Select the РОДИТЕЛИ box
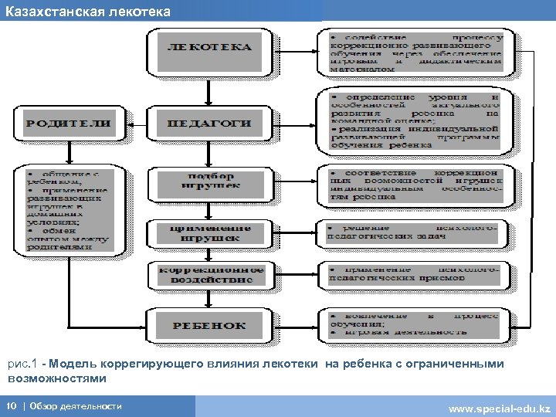pyautogui.click(x=68, y=123)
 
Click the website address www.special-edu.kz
pyautogui.click(x=499, y=407)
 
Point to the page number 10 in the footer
pyautogui.click(x=12, y=406)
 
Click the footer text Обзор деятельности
pyautogui.click(x=75, y=406)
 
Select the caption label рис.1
pyautogui.click(x=22, y=364)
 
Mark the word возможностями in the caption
pyautogui.click(x=57, y=379)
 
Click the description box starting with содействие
pyautogui.click(x=416, y=53)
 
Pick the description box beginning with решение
pyautogui.click(x=416, y=232)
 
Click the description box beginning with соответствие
pyautogui.click(x=416, y=185)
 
